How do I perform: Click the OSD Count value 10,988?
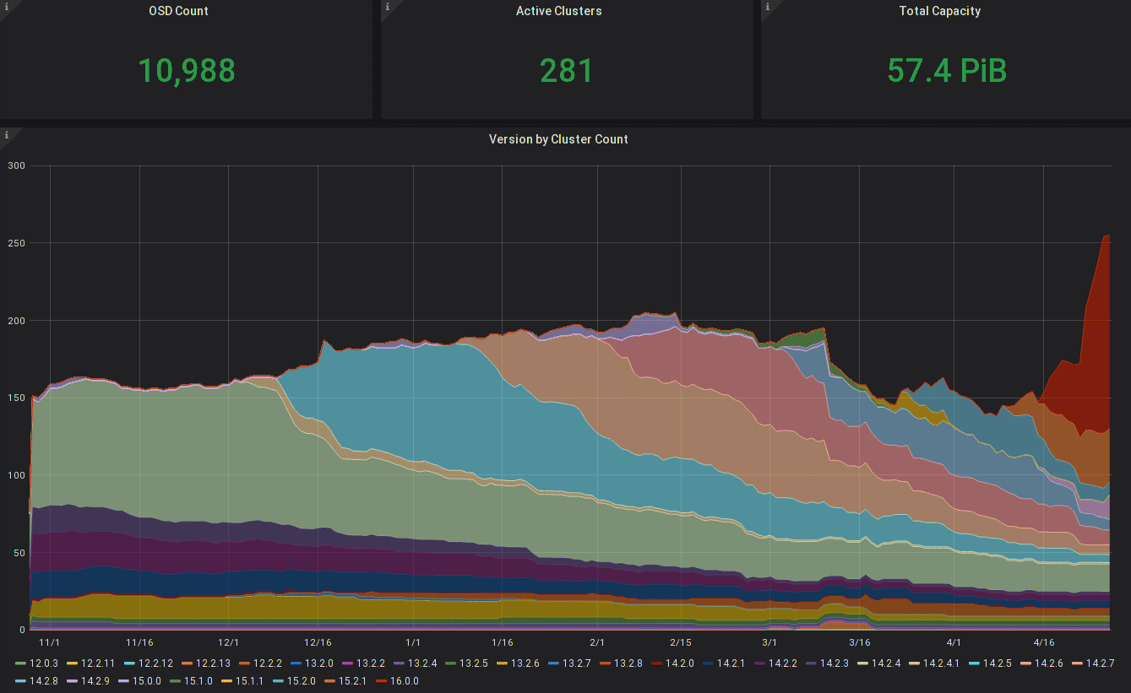[x=187, y=71]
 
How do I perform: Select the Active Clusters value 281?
[x=567, y=71]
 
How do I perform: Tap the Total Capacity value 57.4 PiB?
[x=947, y=71]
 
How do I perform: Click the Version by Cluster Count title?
[x=558, y=139]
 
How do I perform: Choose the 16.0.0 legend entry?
[x=402, y=681]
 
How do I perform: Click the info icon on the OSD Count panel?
[x=7, y=7]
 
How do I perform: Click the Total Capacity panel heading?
[x=939, y=12]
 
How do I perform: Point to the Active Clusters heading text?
[x=558, y=12]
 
